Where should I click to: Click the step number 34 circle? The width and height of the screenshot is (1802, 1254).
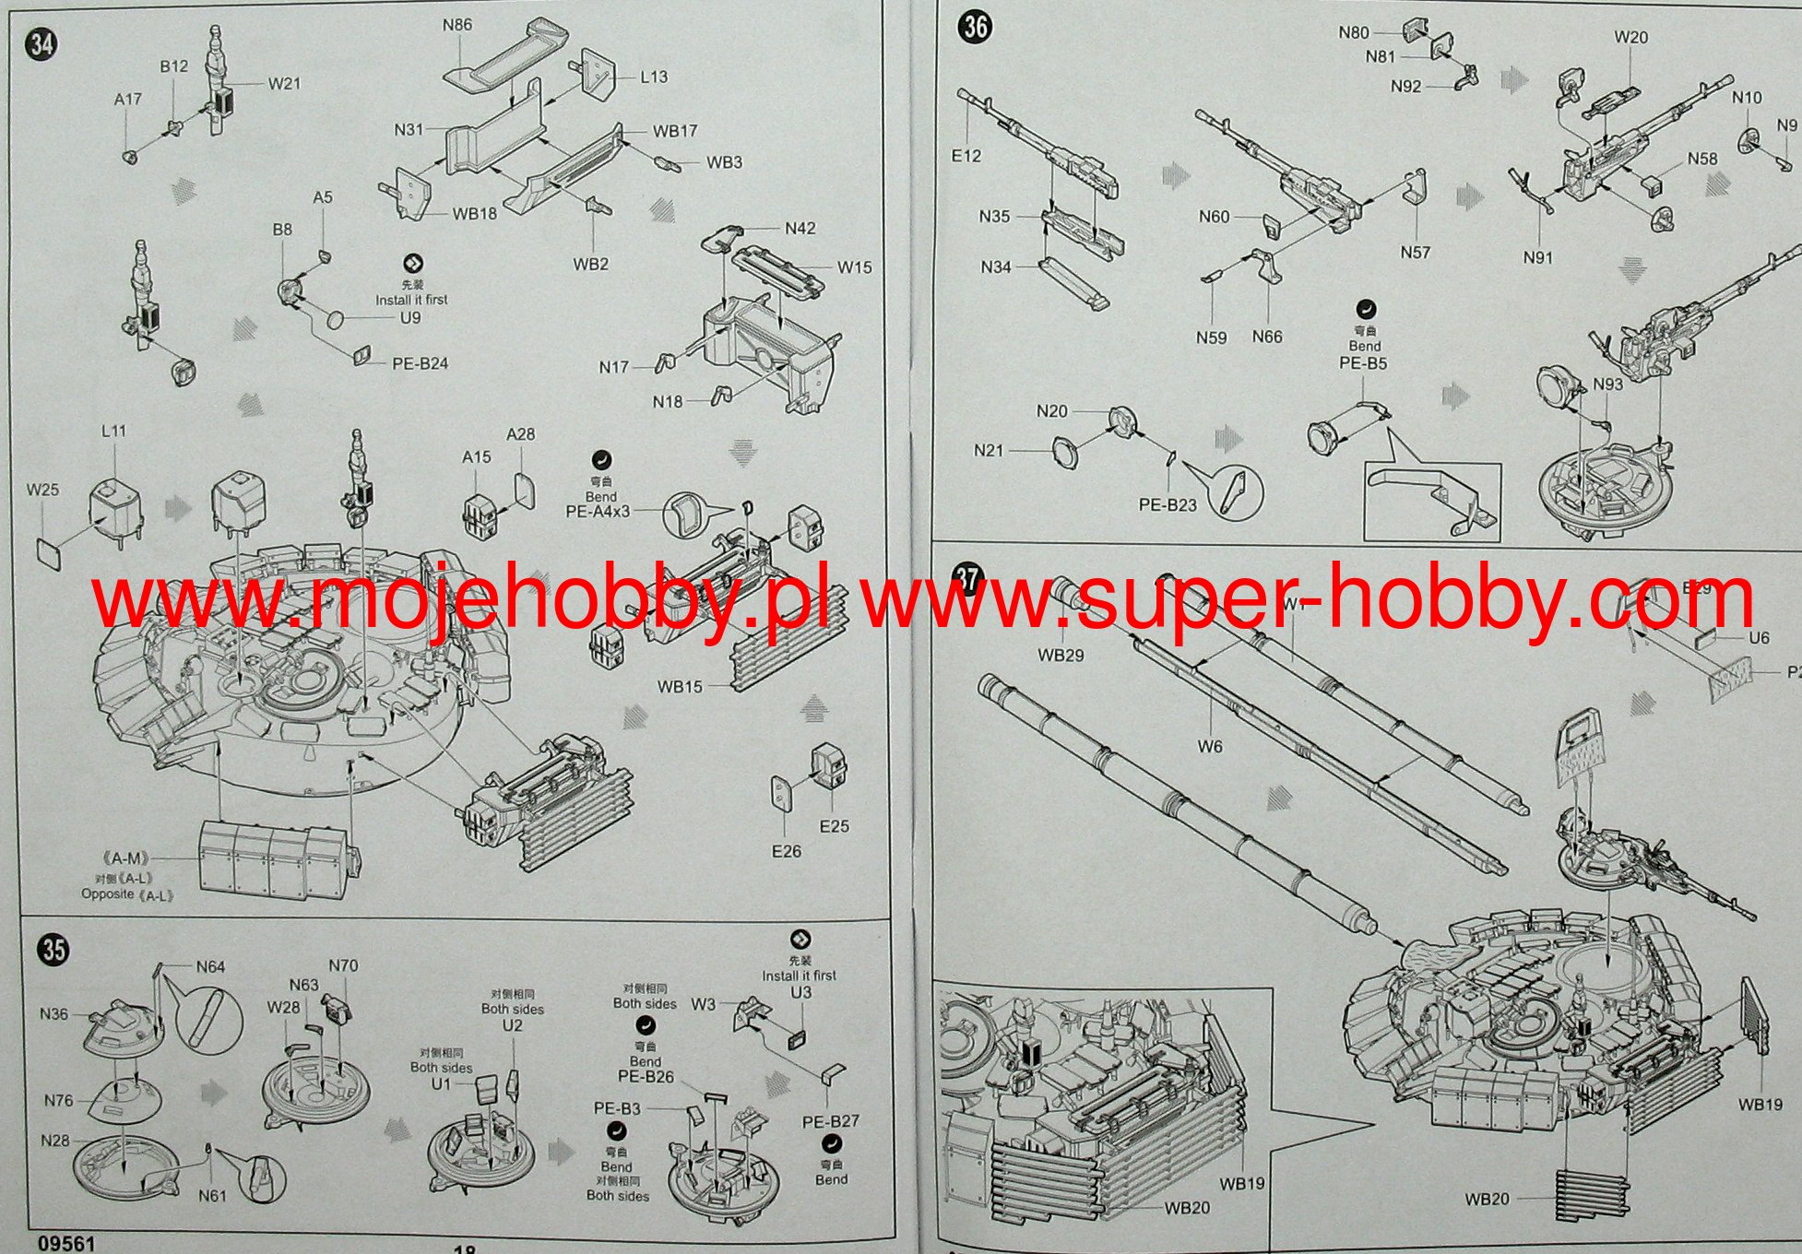[41, 43]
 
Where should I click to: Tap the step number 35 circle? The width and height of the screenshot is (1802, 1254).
[54, 949]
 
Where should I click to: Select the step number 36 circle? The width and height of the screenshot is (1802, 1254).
[976, 27]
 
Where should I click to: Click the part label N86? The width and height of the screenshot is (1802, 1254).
[456, 25]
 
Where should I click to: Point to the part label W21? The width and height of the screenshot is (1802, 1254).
[285, 84]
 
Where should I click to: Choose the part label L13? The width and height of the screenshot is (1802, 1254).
[654, 77]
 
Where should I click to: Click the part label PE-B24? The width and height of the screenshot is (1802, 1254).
[420, 363]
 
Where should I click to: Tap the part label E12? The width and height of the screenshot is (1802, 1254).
[966, 156]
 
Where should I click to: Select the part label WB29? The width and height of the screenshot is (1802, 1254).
[1061, 656]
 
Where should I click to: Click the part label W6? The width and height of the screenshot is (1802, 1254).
[1210, 746]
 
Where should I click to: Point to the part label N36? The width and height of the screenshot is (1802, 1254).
[54, 1014]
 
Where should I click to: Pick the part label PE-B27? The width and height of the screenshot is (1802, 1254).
[830, 1121]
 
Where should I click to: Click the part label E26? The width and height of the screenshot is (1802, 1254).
[787, 851]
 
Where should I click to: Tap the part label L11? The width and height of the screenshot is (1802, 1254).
[113, 431]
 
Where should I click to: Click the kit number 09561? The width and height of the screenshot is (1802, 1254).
[67, 1244]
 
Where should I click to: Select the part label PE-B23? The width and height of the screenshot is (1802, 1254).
[1168, 504]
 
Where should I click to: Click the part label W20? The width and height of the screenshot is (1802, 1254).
[1631, 37]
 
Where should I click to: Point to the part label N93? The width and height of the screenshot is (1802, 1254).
[1607, 384]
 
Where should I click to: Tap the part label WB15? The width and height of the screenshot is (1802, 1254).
[680, 686]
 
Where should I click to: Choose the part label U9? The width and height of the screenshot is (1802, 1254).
[410, 318]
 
